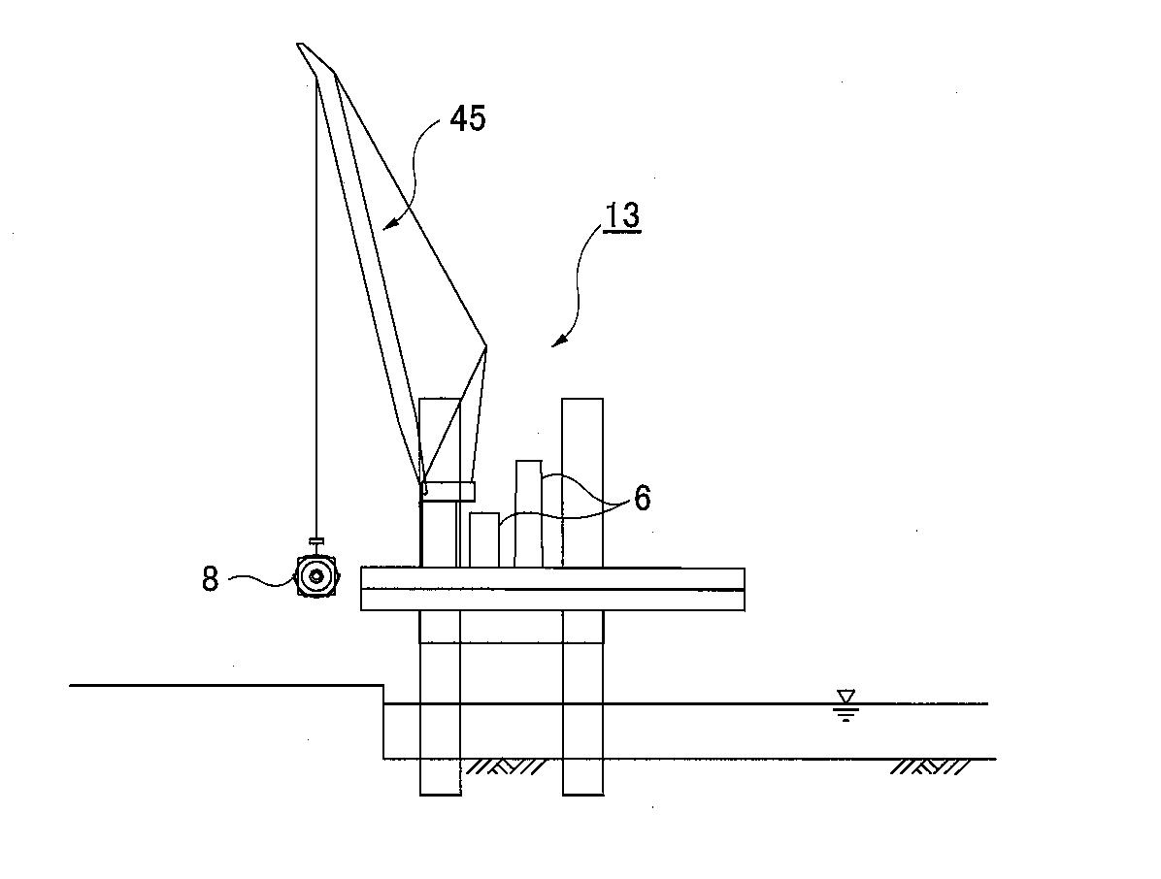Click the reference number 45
pos(468,118)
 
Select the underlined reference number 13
pos(622,215)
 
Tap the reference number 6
pos(642,498)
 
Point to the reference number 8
pos(211,578)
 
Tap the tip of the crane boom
pos(298,45)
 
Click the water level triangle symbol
pos(846,697)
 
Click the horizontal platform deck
pos(552,589)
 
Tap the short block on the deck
pos(484,540)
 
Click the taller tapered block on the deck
pos(529,514)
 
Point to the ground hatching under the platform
pos(505,766)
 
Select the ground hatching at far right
pos(930,766)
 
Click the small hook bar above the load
pos(316,540)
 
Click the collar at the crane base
pos(448,491)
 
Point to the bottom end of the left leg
pos(440,795)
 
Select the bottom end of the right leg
pos(582,795)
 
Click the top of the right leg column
pos(582,400)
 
